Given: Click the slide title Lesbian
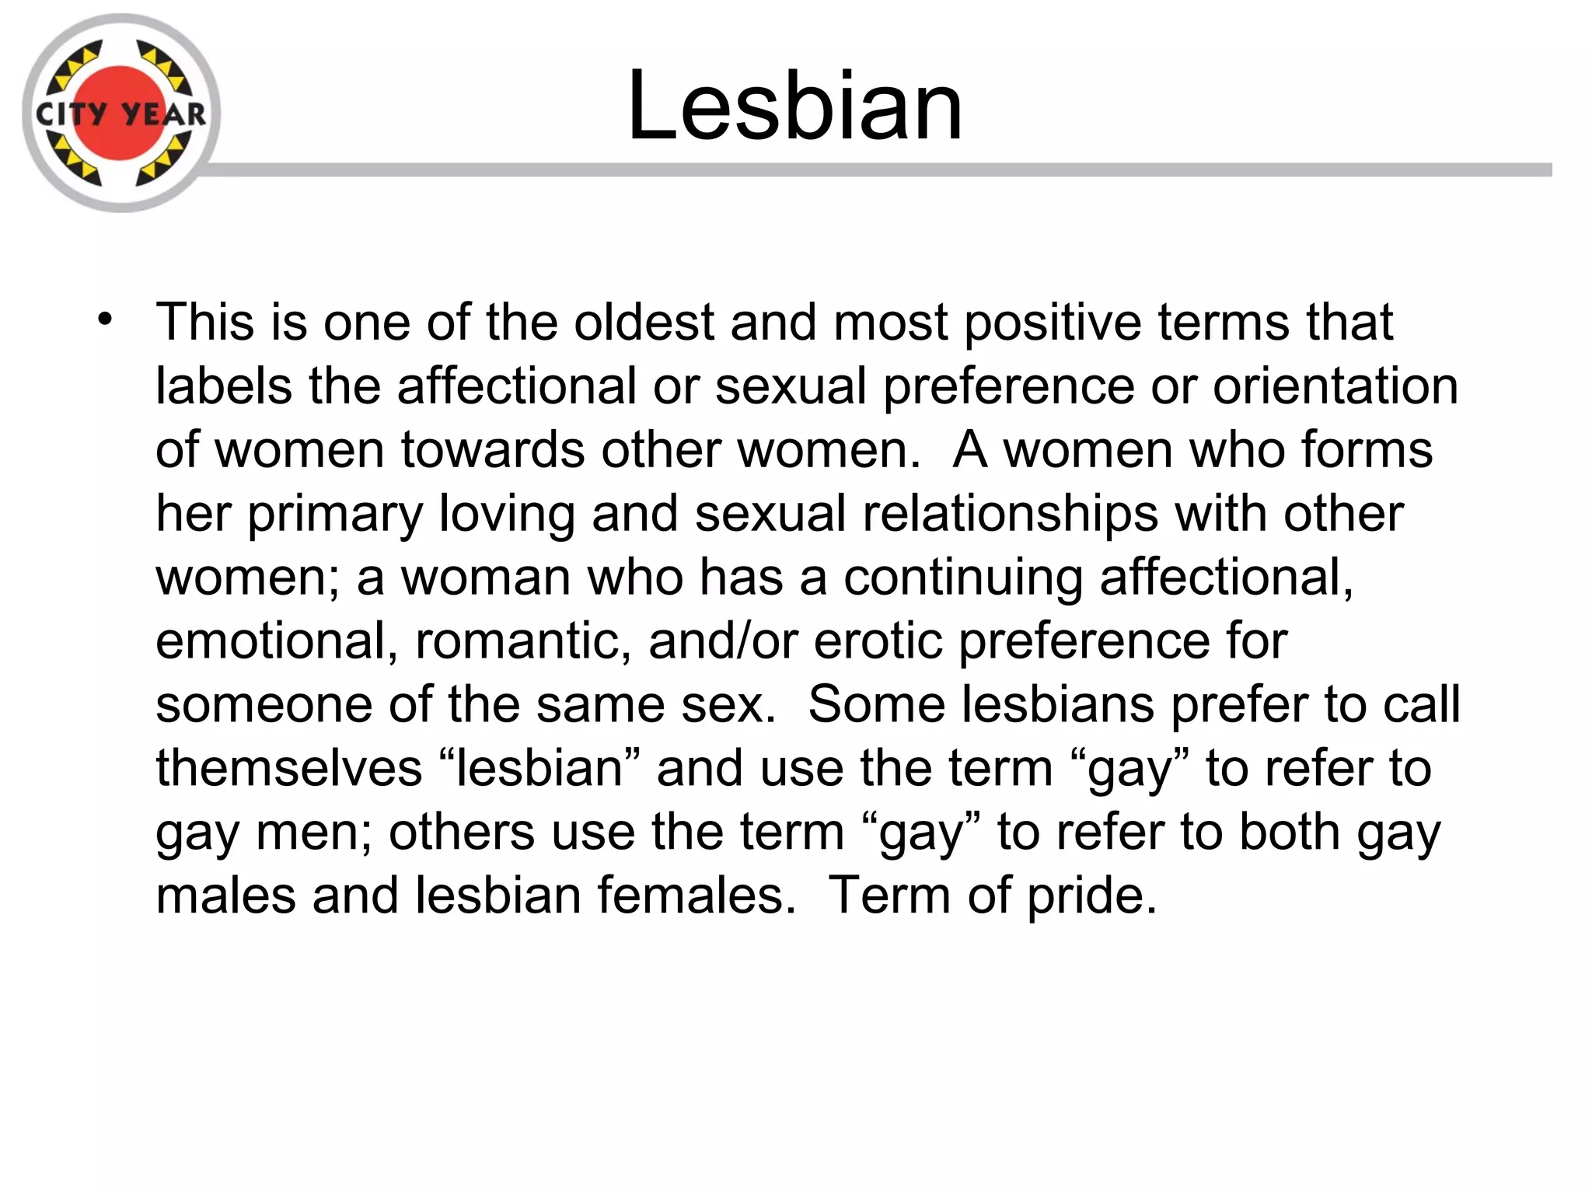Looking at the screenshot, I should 794,106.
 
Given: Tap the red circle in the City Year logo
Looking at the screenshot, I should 120,86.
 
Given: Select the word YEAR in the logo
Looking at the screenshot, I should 164,115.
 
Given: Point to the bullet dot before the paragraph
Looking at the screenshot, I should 106,319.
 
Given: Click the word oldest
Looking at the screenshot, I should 644,322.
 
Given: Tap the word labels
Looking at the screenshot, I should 224,386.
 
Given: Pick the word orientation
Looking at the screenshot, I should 1335,386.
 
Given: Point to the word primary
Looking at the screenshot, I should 335,515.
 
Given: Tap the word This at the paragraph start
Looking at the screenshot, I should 204,322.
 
